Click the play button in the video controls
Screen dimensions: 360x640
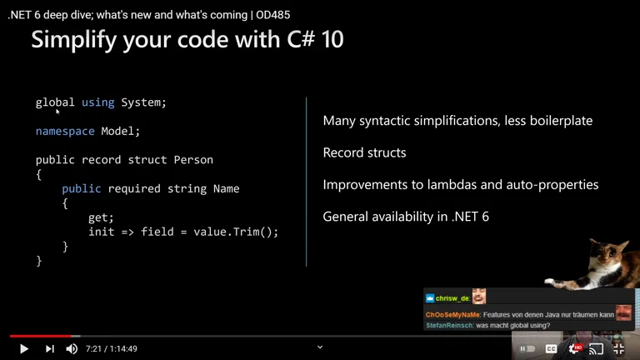(x=24, y=348)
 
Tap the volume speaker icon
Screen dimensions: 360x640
(x=72, y=348)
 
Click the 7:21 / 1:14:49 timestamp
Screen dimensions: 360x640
(x=112, y=349)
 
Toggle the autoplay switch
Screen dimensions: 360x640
(x=527, y=348)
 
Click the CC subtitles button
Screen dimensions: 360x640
(x=551, y=348)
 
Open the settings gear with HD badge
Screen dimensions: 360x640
(x=573, y=348)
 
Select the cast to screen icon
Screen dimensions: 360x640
(x=596, y=348)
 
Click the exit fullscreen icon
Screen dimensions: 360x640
(x=618, y=348)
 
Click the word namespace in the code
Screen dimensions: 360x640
(x=65, y=131)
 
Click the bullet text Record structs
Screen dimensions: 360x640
(x=364, y=153)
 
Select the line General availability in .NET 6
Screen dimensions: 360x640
(x=406, y=217)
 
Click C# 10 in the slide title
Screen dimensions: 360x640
(x=317, y=39)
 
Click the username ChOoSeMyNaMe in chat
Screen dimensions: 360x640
(x=452, y=314)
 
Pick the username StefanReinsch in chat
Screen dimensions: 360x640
(x=449, y=325)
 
